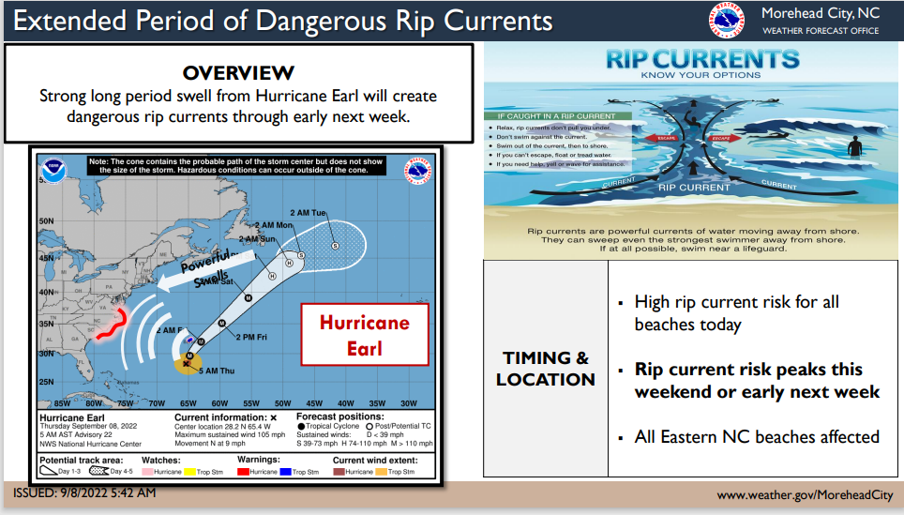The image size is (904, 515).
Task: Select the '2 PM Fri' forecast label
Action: tap(253, 336)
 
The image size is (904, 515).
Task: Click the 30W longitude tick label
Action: tap(409, 402)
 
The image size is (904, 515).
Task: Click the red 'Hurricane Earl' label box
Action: tap(364, 335)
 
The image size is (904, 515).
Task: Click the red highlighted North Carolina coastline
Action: tap(109, 324)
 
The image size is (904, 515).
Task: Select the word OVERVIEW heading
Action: tap(238, 73)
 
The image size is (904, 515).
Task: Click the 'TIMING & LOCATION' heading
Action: tap(546, 369)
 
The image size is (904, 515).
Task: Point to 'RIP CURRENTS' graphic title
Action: tap(701, 60)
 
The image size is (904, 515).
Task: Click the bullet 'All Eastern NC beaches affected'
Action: tap(757, 436)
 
